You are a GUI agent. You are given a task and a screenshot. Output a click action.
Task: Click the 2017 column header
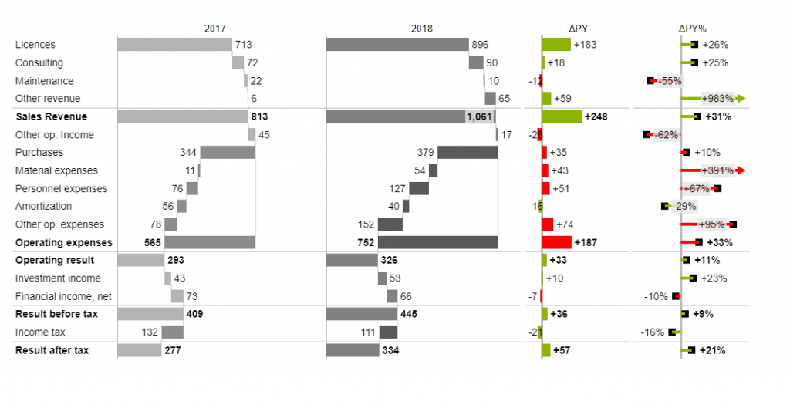pos(215,29)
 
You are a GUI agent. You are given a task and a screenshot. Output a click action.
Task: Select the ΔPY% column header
pos(692,29)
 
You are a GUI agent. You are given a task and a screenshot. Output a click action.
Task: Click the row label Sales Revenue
pos(51,116)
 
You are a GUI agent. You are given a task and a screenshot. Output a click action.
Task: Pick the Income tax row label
pos(40,332)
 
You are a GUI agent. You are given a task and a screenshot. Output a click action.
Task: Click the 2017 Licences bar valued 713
pos(174,45)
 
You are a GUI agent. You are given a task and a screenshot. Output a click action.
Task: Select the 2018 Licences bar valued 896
pos(397,45)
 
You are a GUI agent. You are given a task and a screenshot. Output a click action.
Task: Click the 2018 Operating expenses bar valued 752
pos(438,242)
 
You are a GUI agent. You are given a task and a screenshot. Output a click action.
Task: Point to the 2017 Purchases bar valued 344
pos(228,153)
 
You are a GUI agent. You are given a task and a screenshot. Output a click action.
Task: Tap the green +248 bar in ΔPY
pos(562,116)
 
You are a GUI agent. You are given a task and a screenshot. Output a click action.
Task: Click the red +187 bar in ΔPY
pos(556,242)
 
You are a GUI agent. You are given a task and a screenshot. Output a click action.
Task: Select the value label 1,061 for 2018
pos(478,116)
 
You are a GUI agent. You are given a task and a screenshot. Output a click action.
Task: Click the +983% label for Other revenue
pos(717,99)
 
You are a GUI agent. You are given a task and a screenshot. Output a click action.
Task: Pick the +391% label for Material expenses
pos(717,170)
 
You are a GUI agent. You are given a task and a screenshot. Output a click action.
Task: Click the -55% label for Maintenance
pos(668,81)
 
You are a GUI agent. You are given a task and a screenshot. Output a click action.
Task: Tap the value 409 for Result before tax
pos(194,314)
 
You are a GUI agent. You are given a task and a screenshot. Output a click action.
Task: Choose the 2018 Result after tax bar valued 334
pos(353,350)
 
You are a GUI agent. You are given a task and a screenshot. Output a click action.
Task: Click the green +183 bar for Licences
pos(556,45)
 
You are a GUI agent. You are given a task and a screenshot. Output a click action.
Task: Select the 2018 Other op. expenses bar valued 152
pos(390,224)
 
